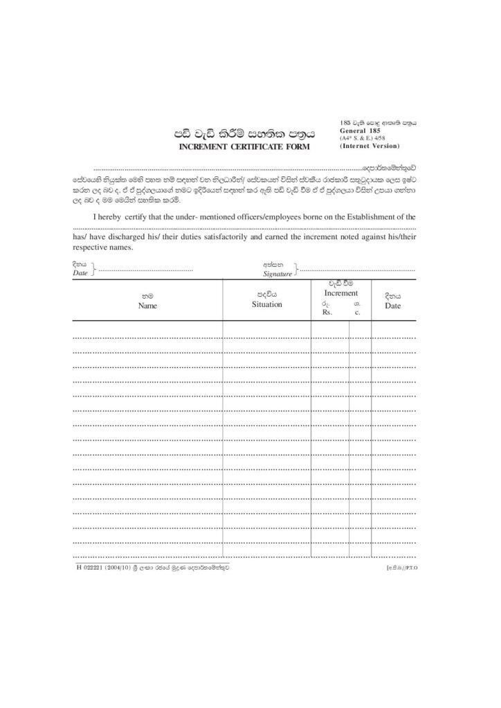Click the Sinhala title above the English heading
[243, 133]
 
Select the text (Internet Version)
[370, 146]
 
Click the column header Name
[147, 305]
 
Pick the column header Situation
[266, 304]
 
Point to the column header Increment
[340, 293]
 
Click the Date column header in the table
[392, 305]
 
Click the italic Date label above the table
[80, 273]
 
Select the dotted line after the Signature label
[356, 270]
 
